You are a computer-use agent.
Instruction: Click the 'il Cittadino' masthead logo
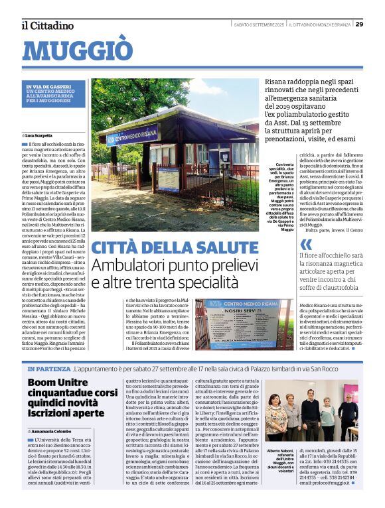click(x=47, y=25)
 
